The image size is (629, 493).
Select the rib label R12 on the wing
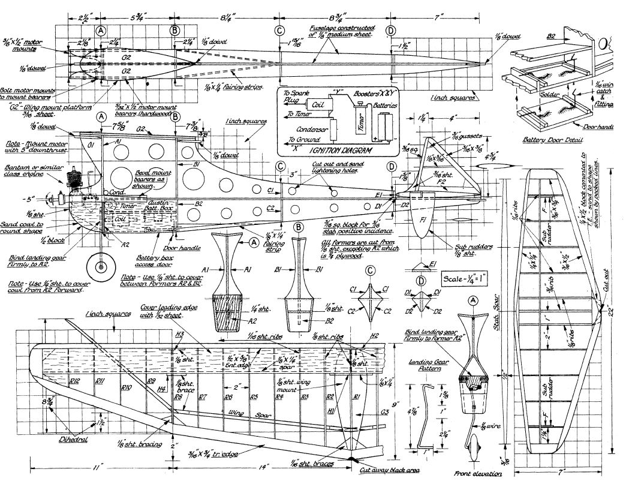click(76, 381)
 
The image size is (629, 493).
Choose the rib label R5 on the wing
click(254, 396)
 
